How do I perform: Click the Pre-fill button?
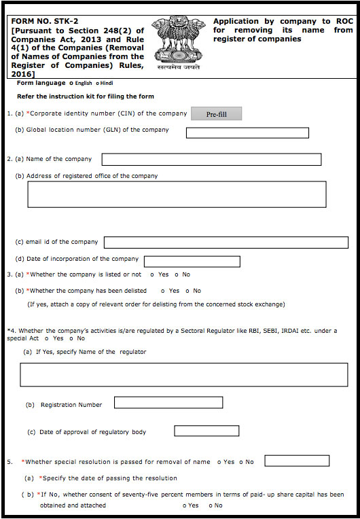coord(216,114)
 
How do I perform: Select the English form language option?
coord(72,83)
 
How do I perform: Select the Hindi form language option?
coord(97,83)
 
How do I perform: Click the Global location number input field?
coord(247,132)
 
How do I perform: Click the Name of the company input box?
coord(211,160)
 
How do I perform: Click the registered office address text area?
coord(177,194)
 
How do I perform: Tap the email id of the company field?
coord(226,243)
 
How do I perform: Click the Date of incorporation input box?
coord(192,262)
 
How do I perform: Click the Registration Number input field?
coord(168,403)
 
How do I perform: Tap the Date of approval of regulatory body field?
coord(206,431)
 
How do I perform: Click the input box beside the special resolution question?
coord(297,461)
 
